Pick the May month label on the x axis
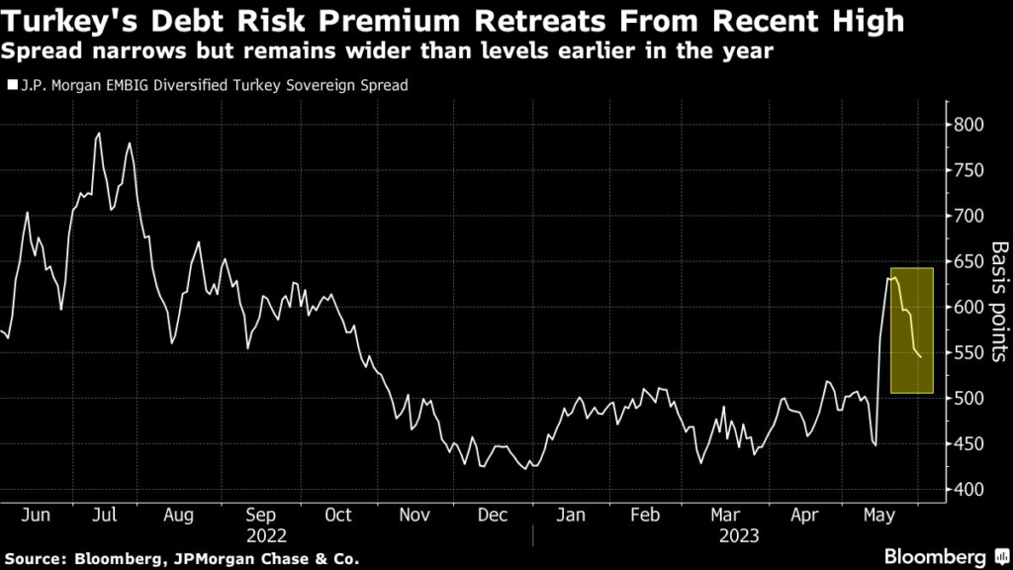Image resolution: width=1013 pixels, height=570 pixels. click(x=877, y=516)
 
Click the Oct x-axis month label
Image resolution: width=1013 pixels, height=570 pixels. click(x=338, y=516)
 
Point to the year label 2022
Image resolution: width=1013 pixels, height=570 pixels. click(x=266, y=535)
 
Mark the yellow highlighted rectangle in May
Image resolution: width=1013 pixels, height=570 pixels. click(x=912, y=331)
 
